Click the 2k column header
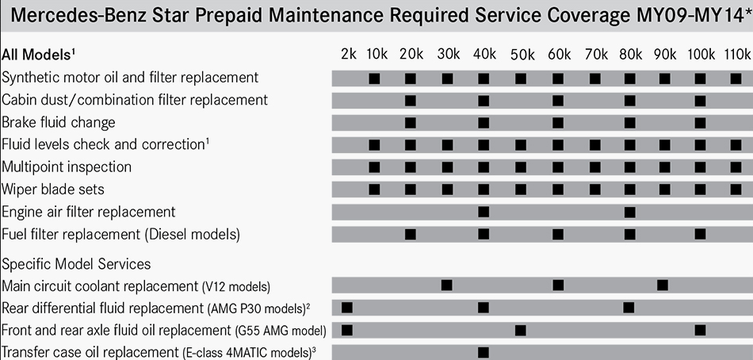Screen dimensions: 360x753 [348, 54]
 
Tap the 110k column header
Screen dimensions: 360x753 [736, 54]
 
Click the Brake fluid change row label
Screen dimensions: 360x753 [59, 123]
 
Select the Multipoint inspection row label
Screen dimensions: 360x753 [67, 167]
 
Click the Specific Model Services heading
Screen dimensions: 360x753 [76, 263]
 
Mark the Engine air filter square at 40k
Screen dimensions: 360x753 [484, 213]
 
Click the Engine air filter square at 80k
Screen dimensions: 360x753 [629, 213]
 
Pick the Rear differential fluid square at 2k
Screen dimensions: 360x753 [346, 308]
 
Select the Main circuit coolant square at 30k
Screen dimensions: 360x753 [447, 285]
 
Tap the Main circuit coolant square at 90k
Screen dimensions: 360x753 [663, 285]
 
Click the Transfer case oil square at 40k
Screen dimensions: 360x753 [484, 352]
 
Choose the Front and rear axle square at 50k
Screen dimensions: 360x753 [520, 330]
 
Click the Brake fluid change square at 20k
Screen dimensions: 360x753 [410, 123]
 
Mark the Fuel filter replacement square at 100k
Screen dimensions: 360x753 [700, 235]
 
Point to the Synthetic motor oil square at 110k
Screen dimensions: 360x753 [736, 79]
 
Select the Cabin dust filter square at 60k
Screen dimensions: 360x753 [557, 101]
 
